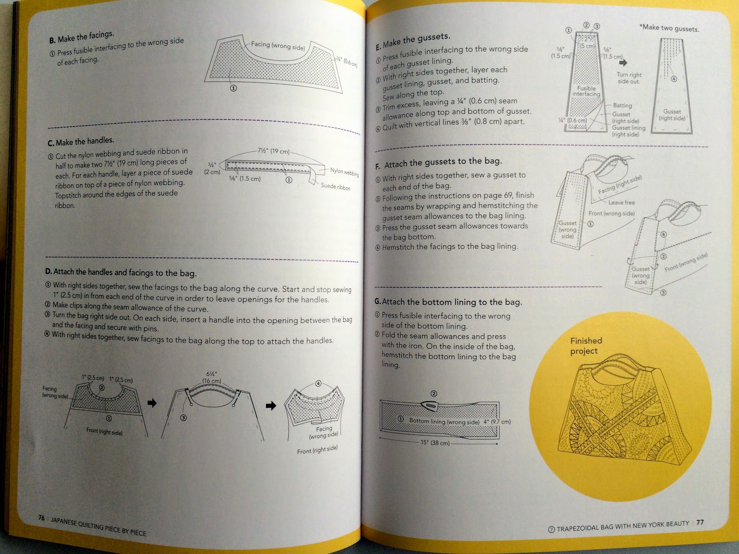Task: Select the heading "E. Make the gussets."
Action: (x=413, y=41)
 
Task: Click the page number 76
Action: (x=41, y=518)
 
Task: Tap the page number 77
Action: (x=700, y=522)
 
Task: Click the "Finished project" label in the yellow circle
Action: (x=586, y=346)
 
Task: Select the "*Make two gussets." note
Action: (x=669, y=28)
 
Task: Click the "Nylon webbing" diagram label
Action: (x=344, y=172)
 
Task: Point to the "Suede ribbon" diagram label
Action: (x=335, y=187)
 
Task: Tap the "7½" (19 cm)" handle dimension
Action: (x=273, y=151)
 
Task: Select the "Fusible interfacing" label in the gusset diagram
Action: (x=586, y=91)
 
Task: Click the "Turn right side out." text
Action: (x=629, y=78)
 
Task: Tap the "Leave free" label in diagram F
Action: (x=621, y=202)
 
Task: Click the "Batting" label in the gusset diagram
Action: (x=622, y=106)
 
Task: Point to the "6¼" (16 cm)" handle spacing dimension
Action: (x=212, y=377)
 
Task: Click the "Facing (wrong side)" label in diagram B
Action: (x=278, y=45)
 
